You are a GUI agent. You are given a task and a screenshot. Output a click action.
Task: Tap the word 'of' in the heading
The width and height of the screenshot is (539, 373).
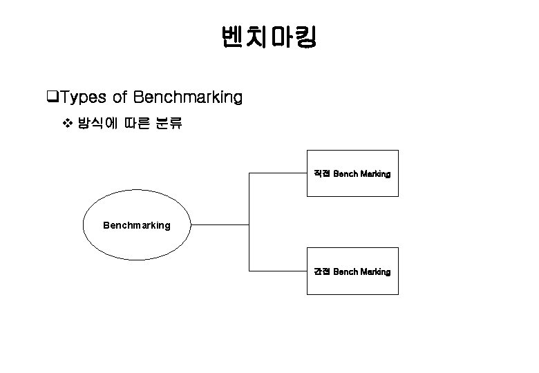[120, 97]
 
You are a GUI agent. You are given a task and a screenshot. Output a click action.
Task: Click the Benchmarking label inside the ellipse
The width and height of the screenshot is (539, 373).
[136, 225]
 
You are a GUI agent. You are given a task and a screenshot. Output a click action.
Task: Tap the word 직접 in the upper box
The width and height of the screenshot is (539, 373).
[322, 174]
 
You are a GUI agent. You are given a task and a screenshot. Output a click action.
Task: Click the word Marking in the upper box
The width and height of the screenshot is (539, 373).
[375, 174]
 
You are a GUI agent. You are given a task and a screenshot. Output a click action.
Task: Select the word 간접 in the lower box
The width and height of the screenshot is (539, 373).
[322, 272]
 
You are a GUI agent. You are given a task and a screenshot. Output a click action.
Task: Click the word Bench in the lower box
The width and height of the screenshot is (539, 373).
[345, 272]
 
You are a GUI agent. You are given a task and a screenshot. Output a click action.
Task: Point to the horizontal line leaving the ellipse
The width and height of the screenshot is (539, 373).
[219, 224]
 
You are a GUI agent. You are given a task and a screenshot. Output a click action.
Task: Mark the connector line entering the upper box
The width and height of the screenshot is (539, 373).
[278, 174]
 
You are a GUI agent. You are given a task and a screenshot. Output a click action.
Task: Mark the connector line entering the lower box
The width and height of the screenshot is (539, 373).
[278, 271]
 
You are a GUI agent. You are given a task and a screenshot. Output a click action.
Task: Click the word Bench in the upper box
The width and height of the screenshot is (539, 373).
[345, 174]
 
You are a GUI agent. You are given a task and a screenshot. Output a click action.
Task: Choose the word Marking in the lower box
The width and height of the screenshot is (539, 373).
[375, 272]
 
